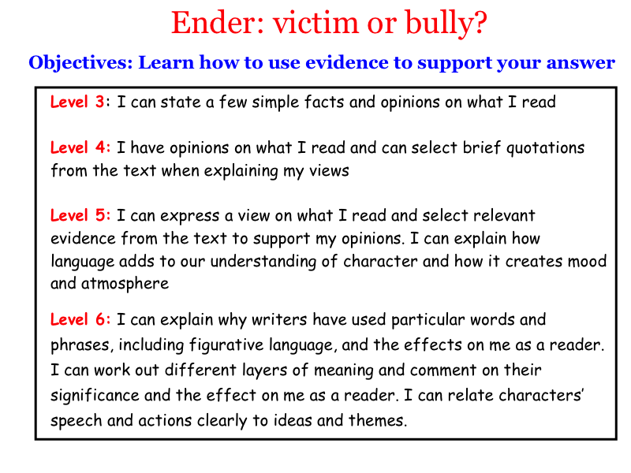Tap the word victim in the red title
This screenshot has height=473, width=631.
(316, 23)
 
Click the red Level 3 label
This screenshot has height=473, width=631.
(77, 102)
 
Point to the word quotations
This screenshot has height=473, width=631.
(545, 148)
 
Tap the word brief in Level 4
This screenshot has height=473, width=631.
(482, 147)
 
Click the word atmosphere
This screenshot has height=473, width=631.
(125, 284)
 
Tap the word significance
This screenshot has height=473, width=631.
(95, 396)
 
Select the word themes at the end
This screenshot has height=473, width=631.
(378, 420)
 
